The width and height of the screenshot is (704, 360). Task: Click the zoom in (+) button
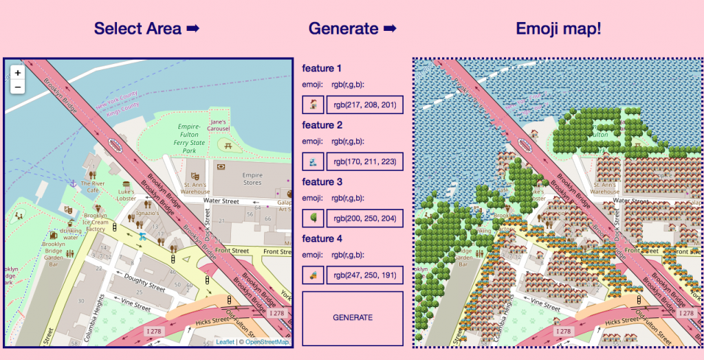(17, 72)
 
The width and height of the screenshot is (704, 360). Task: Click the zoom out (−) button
(17, 87)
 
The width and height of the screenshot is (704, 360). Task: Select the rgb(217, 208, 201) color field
(364, 105)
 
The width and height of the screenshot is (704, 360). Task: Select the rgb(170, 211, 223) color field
(364, 162)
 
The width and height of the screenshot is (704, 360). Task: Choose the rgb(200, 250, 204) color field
(364, 218)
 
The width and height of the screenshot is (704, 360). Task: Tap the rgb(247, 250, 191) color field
(364, 275)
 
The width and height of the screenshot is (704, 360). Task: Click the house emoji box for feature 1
(313, 105)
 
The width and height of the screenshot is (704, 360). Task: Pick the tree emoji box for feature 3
(313, 218)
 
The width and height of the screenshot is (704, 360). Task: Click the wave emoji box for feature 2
(313, 162)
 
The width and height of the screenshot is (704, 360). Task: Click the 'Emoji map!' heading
(558, 29)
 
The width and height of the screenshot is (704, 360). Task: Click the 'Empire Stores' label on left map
(252, 179)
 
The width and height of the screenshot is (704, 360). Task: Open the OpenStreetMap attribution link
(267, 342)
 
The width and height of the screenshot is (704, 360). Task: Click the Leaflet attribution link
(225, 342)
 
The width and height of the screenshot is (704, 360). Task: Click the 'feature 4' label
(322, 238)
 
